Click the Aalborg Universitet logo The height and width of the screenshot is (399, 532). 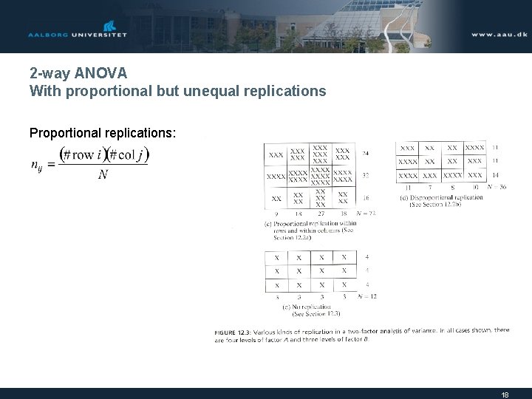(x=77, y=30)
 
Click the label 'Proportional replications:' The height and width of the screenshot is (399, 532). (x=103, y=133)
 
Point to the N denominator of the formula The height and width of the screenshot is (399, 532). (x=103, y=175)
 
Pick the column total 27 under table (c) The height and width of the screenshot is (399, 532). (x=320, y=213)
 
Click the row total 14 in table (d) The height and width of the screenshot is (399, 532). (x=494, y=175)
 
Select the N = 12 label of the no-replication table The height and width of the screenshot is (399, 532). (x=366, y=296)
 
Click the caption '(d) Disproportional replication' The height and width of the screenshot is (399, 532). (x=441, y=197)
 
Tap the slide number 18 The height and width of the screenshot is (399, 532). (x=505, y=395)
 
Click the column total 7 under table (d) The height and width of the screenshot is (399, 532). (x=430, y=187)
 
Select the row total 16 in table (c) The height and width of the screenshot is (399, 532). (x=366, y=199)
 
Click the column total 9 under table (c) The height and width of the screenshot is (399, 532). (x=276, y=213)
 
